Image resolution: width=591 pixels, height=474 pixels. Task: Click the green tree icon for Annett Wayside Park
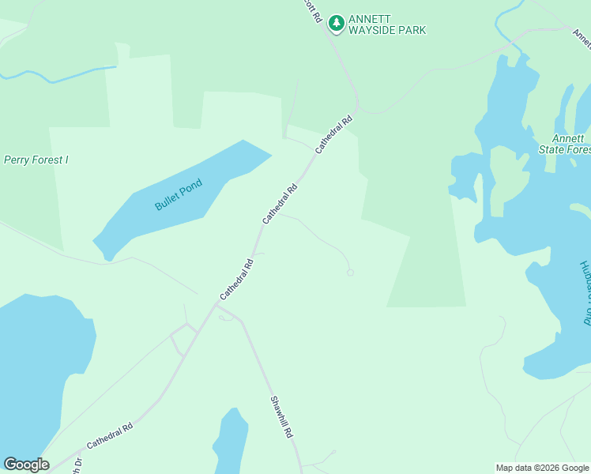337,23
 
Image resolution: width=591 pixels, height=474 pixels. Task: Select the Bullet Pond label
179,194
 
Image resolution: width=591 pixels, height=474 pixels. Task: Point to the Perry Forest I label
36,160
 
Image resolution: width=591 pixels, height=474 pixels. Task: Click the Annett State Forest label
564,144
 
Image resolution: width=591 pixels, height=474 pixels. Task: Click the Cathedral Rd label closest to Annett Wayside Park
333,136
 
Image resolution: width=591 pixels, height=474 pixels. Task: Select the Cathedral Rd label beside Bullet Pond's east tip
280,203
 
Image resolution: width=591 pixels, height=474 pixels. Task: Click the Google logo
26,465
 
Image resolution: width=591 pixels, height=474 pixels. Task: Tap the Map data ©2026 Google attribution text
542,468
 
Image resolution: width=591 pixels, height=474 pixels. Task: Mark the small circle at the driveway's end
350,273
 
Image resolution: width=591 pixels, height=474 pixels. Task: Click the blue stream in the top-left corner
55,77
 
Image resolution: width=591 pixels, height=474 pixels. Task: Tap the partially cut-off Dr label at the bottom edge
77,467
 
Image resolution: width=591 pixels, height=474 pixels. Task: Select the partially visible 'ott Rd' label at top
314,9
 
